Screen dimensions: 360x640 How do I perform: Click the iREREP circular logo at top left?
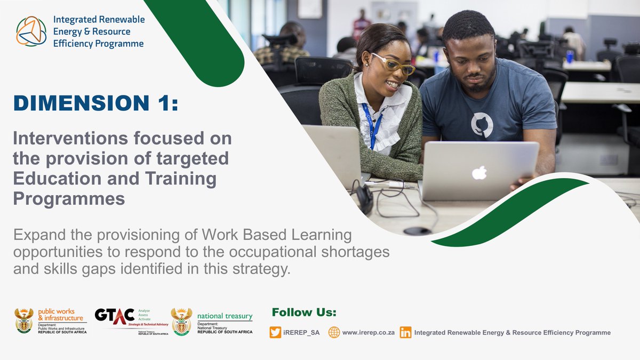tap(31, 31)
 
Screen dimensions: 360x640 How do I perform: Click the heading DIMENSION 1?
tap(96, 103)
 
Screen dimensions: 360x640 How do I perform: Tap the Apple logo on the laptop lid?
tap(479, 172)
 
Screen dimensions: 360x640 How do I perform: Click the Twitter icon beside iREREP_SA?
tap(275, 332)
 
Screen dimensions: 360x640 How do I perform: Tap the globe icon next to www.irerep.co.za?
tap(334, 332)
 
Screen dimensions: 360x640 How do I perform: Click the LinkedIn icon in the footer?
tap(405, 332)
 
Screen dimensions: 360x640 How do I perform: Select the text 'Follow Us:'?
tap(304, 313)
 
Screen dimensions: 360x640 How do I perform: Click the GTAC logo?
tap(114, 315)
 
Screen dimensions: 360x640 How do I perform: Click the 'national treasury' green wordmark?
tap(225, 316)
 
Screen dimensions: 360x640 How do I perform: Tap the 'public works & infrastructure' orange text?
tap(60, 315)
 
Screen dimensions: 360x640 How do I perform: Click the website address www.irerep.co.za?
tap(368, 332)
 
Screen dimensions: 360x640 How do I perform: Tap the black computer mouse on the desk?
tap(417, 231)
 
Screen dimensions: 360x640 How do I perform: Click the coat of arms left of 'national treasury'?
tap(181, 321)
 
